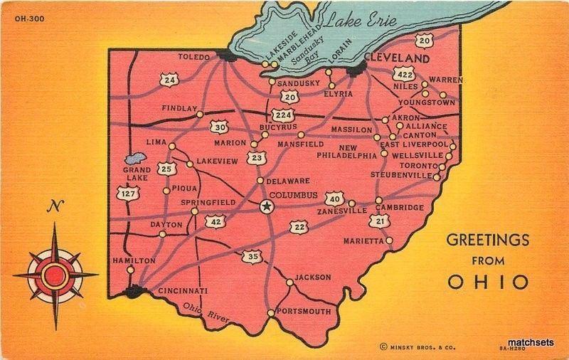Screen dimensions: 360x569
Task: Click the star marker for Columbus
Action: pos(267,206)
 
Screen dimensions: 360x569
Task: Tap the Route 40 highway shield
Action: pos(334,198)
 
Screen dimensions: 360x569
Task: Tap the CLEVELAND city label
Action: pos(397,58)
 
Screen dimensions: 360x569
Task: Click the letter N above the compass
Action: pos(53,208)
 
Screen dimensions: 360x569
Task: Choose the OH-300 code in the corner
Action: pos(28,18)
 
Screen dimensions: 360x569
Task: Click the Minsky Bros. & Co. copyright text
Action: pos(413,346)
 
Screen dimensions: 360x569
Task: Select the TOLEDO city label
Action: pos(193,57)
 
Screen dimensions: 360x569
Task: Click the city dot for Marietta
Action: pos(390,240)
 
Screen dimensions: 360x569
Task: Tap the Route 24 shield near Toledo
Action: pos(169,80)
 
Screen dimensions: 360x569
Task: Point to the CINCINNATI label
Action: pos(181,291)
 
